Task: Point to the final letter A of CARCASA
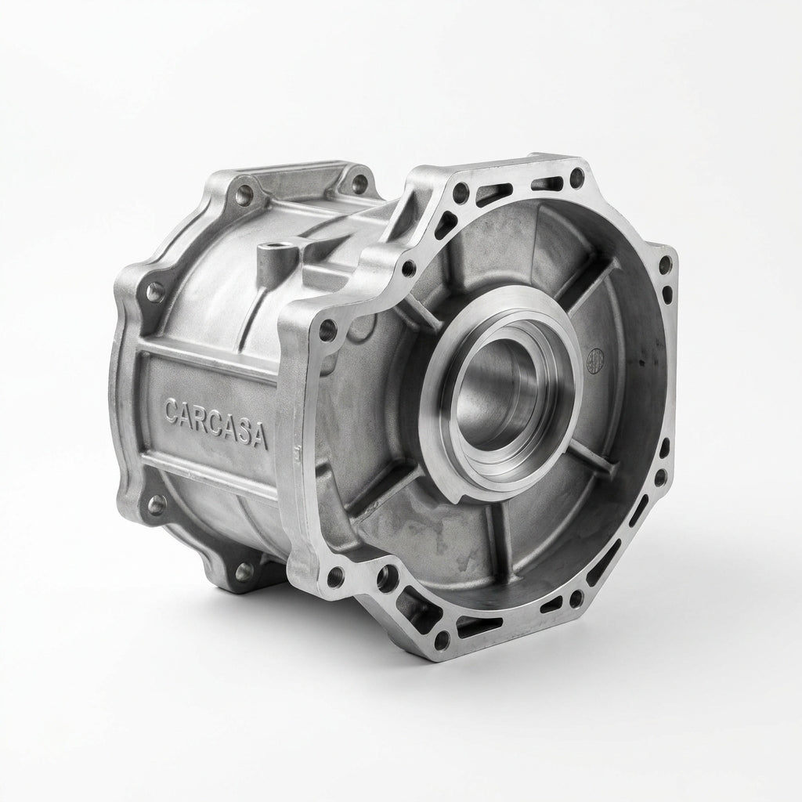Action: tap(260, 437)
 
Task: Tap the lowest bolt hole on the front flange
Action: tap(439, 640)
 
